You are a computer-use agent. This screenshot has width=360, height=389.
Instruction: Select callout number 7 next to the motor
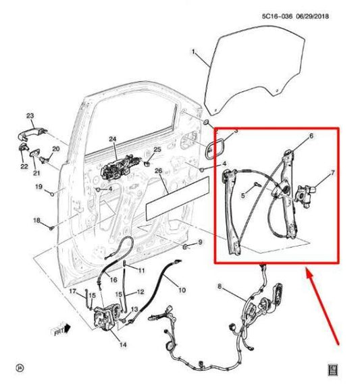332,174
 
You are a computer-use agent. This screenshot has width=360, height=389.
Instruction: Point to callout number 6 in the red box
311,136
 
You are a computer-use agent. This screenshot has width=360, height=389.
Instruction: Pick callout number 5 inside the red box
242,196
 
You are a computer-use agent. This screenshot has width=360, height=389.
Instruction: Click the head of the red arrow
308,271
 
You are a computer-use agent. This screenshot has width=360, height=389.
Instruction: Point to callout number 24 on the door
113,140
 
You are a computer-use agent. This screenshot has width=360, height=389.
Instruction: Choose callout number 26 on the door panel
158,171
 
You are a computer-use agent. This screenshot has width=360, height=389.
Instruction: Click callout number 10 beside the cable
182,290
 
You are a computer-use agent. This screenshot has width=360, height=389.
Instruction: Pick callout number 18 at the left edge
36,221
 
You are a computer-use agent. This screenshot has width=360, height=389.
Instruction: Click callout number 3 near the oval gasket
236,130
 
